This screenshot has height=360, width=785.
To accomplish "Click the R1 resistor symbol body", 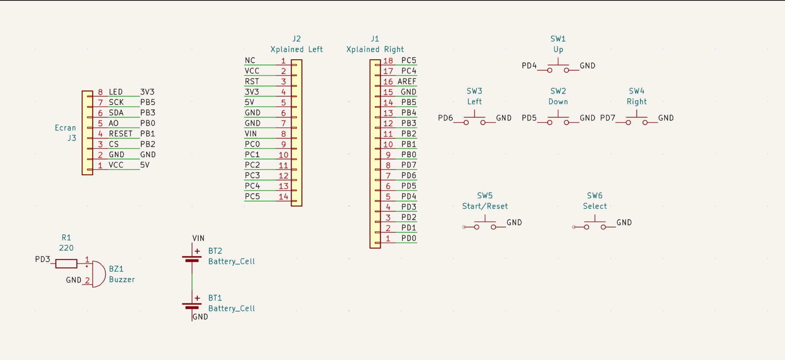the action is pyautogui.click(x=66, y=264).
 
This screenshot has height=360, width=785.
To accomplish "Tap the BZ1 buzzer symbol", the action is pyautogui.click(x=98, y=274).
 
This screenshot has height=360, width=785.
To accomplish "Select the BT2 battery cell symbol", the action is pyautogui.click(x=192, y=259).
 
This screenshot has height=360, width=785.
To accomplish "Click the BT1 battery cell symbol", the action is pyautogui.click(x=192, y=306).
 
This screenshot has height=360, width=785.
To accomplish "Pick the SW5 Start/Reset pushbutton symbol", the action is pyautogui.click(x=485, y=224).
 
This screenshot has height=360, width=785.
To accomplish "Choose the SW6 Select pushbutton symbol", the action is pyautogui.click(x=595, y=224).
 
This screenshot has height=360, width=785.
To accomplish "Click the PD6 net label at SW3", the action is pyautogui.click(x=446, y=118).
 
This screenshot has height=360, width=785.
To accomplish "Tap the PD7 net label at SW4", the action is pyautogui.click(x=608, y=118).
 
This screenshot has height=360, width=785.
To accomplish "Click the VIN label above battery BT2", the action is pyautogui.click(x=198, y=238).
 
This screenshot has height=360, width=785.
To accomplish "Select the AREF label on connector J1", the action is pyautogui.click(x=407, y=82).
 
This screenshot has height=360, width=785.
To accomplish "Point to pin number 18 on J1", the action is pyautogui.click(x=388, y=61).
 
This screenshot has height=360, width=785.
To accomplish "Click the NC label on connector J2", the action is pyautogui.click(x=250, y=61).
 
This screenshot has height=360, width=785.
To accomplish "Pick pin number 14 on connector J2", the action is pyautogui.click(x=283, y=197).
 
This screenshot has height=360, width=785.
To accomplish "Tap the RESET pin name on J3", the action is pyautogui.click(x=120, y=134).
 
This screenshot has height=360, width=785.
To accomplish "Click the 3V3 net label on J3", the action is pyautogui.click(x=147, y=92).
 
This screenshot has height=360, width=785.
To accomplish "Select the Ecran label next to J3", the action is pyautogui.click(x=66, y=128).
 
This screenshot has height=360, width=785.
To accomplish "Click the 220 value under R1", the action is pyautogui.click(x=66, y=248).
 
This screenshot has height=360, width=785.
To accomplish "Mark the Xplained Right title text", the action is pyautogui.click(x=375, y=49).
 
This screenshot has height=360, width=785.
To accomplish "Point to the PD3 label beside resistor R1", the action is pyautogui.click(x=42, y=259).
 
